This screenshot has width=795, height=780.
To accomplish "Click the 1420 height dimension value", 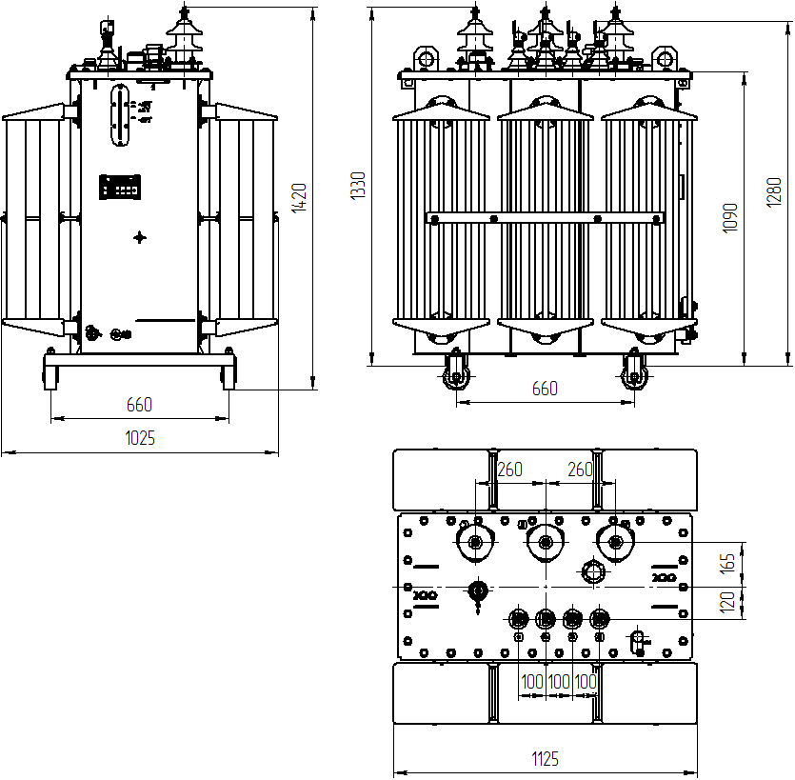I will (x=299, y=197).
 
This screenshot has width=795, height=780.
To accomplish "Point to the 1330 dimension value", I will (x=358, y=186).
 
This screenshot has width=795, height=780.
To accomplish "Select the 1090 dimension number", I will (x=729, y=218).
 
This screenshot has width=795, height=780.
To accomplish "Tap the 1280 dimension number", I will (x=773, y=191).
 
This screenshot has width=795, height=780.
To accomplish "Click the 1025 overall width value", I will (x=140, y=438).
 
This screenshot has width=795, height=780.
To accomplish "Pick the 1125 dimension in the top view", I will (x=545, y=759).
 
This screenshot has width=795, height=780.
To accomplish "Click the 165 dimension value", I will (x=728, y=563).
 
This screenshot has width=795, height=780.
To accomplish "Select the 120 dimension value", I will (x=728, y=602).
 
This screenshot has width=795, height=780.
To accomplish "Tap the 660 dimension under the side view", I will (x=139, y=405).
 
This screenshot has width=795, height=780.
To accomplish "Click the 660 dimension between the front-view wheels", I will (x=545, y=389).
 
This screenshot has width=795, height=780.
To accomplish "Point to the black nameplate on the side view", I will (x=122, y=187).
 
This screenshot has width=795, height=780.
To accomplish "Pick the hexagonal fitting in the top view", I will (x=594, y=572).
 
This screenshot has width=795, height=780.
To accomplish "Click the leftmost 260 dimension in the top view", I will (x=510, y=470).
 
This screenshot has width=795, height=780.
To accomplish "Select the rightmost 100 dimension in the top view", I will (x=586, y=682).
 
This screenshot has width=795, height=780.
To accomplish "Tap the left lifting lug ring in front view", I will (x=424, y=59).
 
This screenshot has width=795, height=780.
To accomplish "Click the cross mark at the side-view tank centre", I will (x=140, y=237).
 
